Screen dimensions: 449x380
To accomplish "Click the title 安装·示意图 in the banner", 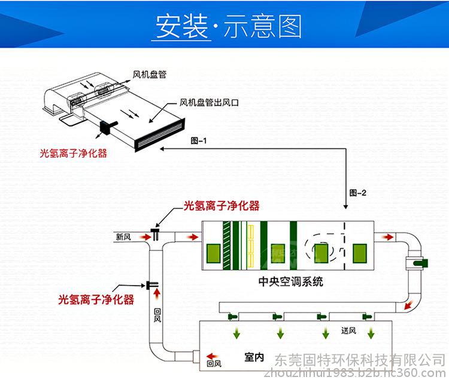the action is coord(229,26).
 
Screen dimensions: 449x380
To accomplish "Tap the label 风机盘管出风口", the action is coord(209,102).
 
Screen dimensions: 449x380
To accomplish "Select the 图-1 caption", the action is coord(198,140).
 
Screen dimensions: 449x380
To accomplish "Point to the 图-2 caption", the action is coord(357,193).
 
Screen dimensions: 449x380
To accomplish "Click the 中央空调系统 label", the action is coord(290,282).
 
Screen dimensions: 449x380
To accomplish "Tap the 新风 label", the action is coord(123,237).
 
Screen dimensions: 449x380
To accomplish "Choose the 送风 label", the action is coord(348,330).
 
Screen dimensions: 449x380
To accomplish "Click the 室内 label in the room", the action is coord(254,357).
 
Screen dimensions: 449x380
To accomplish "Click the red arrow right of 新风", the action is coord(145,237).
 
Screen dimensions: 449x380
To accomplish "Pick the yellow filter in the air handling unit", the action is coord(251,246).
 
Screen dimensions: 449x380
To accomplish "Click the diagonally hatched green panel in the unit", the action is coord(226,246).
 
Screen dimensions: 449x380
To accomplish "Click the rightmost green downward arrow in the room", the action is coord(371,333).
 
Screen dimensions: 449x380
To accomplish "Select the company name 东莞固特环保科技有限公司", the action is coord(360,360).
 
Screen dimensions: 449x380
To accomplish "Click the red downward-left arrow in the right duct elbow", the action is coord(408,305).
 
